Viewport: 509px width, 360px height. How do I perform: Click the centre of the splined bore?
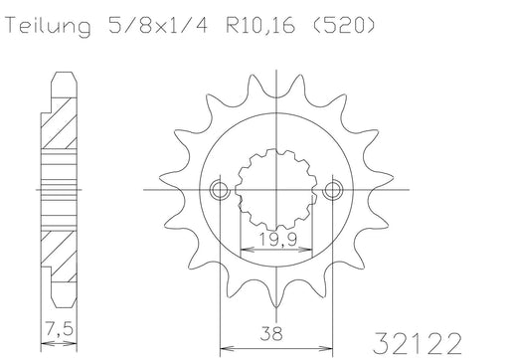277,189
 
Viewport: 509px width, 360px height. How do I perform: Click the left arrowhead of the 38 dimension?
223,347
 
